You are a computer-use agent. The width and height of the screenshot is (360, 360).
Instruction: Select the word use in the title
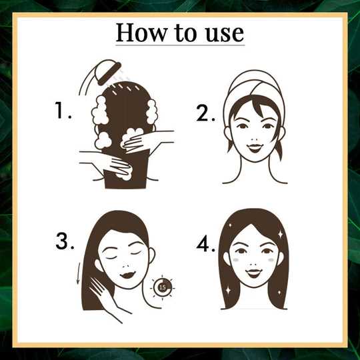[224, 34]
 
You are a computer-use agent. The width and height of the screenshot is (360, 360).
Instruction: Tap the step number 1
[63, 111]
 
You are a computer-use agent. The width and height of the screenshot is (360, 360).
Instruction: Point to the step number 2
[205, 113]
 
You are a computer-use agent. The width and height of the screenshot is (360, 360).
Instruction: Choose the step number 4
[206, 244]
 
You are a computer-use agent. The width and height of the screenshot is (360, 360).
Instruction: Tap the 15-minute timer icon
[162, 287]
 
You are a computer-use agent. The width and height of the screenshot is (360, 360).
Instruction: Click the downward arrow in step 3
[79, 273]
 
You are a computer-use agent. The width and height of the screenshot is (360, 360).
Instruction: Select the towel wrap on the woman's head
[254, 92]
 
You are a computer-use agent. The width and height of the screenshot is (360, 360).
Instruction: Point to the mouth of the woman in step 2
[255, 147]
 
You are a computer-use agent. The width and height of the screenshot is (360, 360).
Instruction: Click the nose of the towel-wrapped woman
[255, 139]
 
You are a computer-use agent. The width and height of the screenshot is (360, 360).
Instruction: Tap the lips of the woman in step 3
[127, 275]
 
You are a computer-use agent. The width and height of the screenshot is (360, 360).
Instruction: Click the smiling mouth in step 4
[253, 273]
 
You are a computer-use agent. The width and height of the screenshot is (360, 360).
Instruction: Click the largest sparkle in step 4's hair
[280, 235]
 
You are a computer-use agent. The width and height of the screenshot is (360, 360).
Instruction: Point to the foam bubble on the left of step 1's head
[100, 111]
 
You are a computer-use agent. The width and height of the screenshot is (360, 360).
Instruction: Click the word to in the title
[185, 33]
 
